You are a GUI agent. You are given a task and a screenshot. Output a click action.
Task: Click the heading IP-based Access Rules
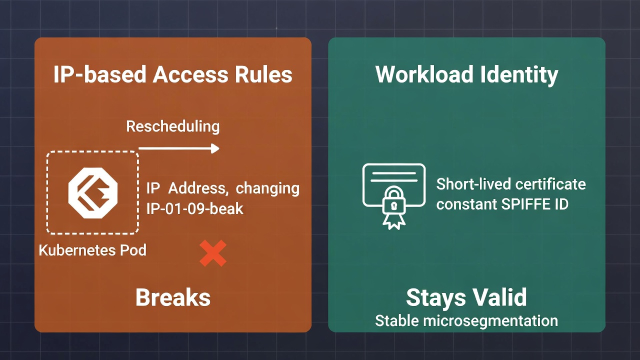click(172, 75)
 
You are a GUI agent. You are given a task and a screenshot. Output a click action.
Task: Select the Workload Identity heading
click(466, 75)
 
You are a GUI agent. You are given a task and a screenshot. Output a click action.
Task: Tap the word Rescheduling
click(172, 126)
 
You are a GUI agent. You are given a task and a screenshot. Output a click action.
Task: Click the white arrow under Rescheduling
click(179, 148)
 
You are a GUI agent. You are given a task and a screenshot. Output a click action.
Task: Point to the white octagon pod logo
click(92, 193)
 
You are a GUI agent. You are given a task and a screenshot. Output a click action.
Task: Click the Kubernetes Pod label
click(92, 249)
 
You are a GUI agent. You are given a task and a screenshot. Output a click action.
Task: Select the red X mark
click(213, 253)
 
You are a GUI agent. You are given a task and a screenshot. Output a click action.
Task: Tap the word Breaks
click(172, 298)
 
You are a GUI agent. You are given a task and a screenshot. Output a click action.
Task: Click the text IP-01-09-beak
click(194, 208)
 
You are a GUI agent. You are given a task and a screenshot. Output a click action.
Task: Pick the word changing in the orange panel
click(267, 189)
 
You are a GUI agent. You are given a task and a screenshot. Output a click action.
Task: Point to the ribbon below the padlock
click(393, 220)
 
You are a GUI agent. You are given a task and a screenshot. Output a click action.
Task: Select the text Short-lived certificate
click(511, 184)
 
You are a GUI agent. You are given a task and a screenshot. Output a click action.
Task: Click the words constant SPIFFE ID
click(502, 204)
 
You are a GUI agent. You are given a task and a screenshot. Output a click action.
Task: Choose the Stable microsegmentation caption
click(466, 320)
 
